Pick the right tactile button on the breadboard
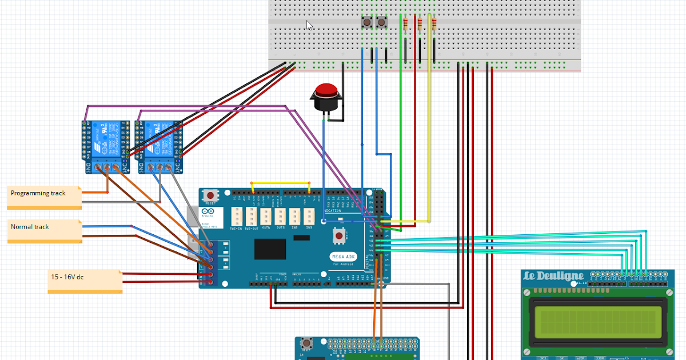381,22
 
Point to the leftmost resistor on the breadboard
406,24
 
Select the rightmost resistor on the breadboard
434,24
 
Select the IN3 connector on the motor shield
309,217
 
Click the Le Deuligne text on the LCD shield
553,277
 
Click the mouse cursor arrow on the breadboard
309,25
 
